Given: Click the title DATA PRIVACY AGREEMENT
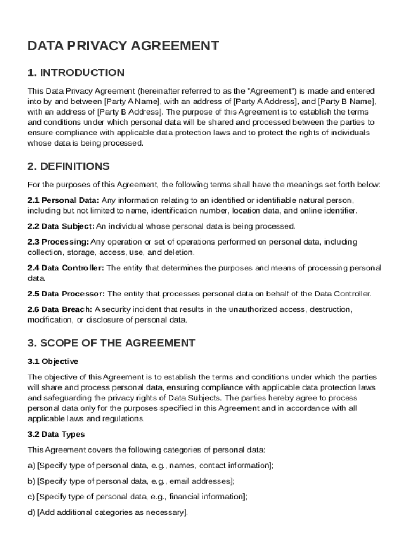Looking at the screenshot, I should click(123, 46).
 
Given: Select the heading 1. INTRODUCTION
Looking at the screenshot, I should click(75, 73).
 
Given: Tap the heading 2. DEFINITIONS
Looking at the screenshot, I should click(68, 166).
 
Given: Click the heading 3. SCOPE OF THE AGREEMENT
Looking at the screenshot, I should click(111, 343).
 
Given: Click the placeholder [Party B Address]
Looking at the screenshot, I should click(129, 112).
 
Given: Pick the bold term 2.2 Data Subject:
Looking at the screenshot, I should click(61, 226).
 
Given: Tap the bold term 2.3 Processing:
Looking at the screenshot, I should click(58, 242).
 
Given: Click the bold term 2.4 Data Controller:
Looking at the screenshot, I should click(66, 268).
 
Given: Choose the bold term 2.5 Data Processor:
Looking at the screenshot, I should click(66, 294).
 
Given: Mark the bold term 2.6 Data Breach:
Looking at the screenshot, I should click(60, 310).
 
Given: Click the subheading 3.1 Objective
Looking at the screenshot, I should click(53, 361).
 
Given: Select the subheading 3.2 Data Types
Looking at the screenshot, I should click(56, 435).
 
